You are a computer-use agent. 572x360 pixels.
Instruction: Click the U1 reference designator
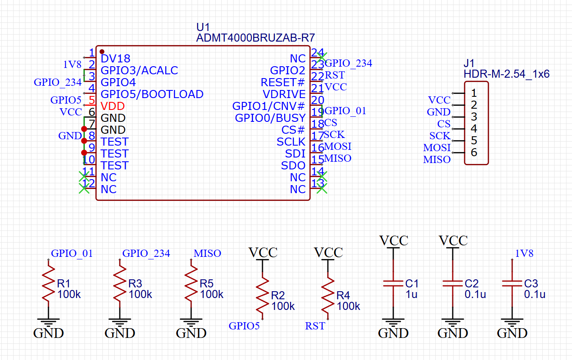point(203,27)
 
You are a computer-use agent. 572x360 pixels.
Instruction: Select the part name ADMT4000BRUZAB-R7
point(255,38)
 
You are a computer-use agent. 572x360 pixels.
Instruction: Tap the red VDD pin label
point(113,106)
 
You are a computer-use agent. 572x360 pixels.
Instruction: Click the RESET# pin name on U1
point(283,82)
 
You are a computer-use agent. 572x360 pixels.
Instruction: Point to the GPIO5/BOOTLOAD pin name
point(152,94)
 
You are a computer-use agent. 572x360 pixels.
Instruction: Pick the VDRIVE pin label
point(284,94)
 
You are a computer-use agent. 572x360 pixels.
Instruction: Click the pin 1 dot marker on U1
point(102,52)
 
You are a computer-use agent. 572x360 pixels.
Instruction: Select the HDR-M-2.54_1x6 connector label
point(506,74)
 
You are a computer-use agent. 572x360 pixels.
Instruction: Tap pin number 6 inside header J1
point(474,152)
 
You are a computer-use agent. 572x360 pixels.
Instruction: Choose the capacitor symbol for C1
point(393,284)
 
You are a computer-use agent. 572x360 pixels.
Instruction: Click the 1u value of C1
point(411,294)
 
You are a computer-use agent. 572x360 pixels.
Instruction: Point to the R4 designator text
point(343,295)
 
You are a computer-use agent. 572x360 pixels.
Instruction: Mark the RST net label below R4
point(315,326)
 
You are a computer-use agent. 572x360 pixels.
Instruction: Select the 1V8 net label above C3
point(524,253)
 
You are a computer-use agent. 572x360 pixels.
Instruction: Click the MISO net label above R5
point(207,253)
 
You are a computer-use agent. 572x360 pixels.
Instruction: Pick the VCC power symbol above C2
point(453,241)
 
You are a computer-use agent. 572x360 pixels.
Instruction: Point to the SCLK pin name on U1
point(291,142)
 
